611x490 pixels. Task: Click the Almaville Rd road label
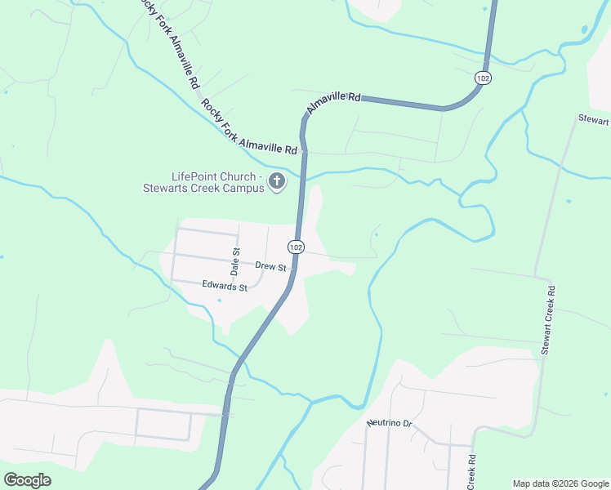[x=333, y=103]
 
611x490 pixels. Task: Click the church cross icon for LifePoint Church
[x=277, y=181]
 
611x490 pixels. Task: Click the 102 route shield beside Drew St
[x=296, y=246]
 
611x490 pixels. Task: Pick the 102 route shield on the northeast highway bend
[x=483, y=78]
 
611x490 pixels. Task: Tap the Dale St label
[x=235, y=261]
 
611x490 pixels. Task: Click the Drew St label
[x=270, y=266]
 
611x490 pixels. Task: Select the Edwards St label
[x=225, y=287]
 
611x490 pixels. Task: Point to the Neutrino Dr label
[x=391, y=422]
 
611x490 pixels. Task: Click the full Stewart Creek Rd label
[x=548, y=319]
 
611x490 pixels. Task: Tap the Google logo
[x=27, y=479]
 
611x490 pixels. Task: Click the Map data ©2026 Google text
[x=560, y=483]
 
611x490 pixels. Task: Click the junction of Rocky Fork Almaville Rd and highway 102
[x=304, y=152]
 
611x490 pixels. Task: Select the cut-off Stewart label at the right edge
[x=594, y=120]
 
